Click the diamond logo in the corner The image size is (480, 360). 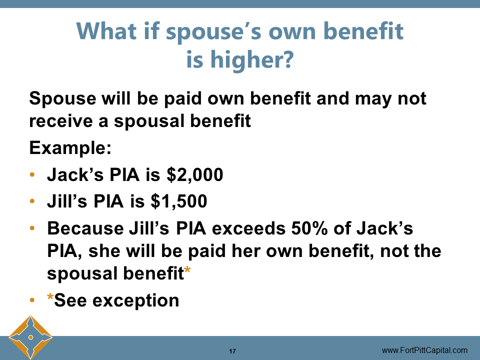(30, 337)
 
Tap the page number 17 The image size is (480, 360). (232, 351)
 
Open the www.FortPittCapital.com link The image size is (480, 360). (424, 350)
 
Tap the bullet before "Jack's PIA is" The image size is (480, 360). (33, 175)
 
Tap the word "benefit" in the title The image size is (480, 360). (357, 31)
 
